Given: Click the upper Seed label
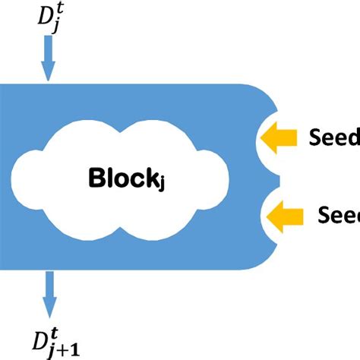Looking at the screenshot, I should click(x=334, y=137).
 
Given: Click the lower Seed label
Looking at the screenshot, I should click(x=338, y=216).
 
